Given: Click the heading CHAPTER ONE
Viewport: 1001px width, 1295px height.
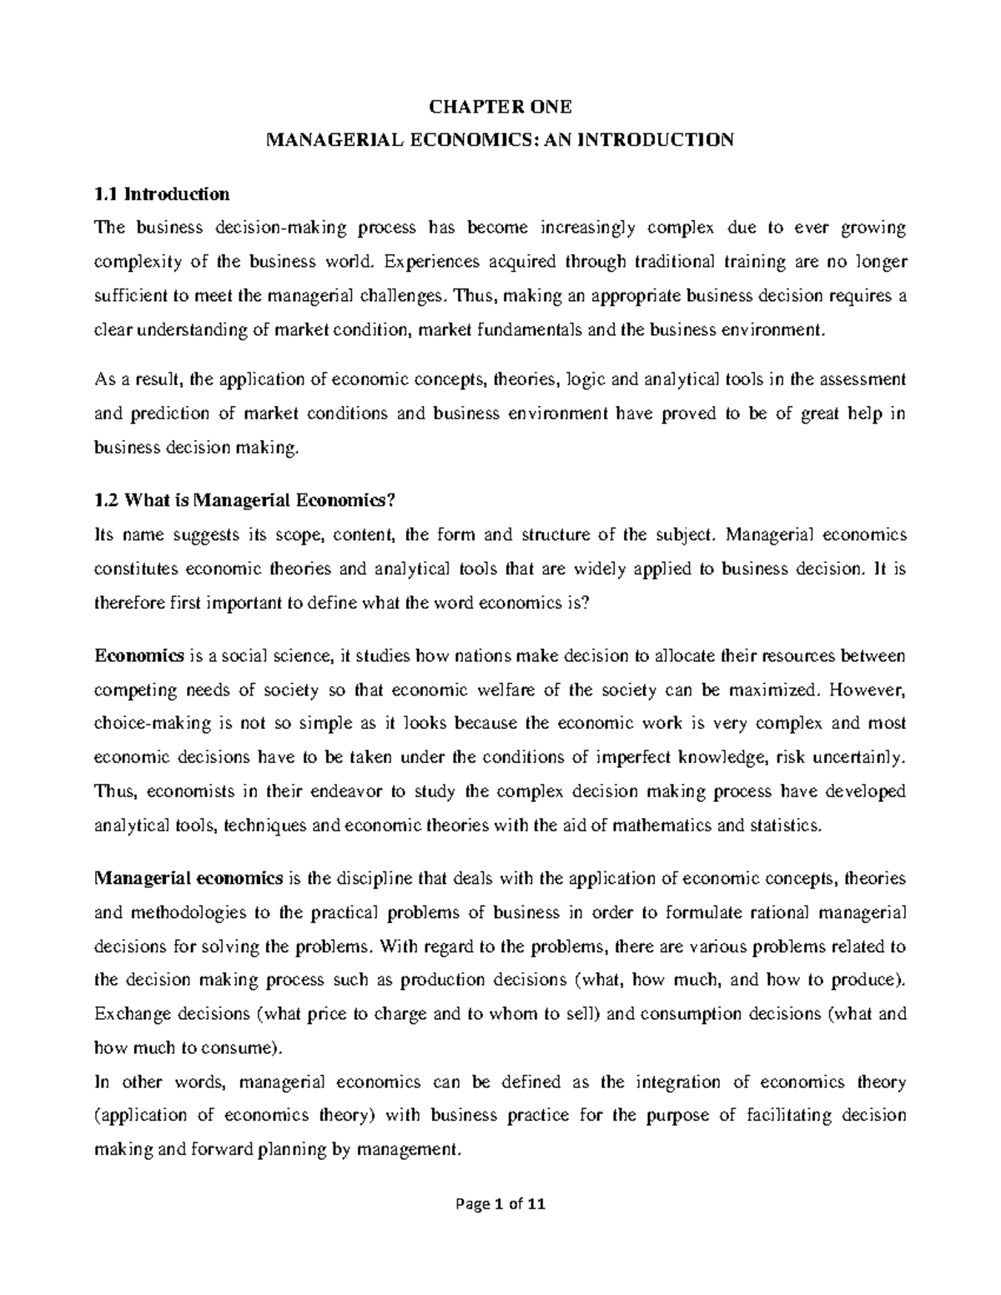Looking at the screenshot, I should pos(500,107).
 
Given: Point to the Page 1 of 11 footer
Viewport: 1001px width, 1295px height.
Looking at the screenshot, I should pos(499,1227).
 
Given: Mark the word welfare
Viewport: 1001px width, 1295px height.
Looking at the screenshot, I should pos(518,690).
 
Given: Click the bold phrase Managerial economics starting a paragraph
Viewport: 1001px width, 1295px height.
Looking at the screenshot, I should pos(189,878).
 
